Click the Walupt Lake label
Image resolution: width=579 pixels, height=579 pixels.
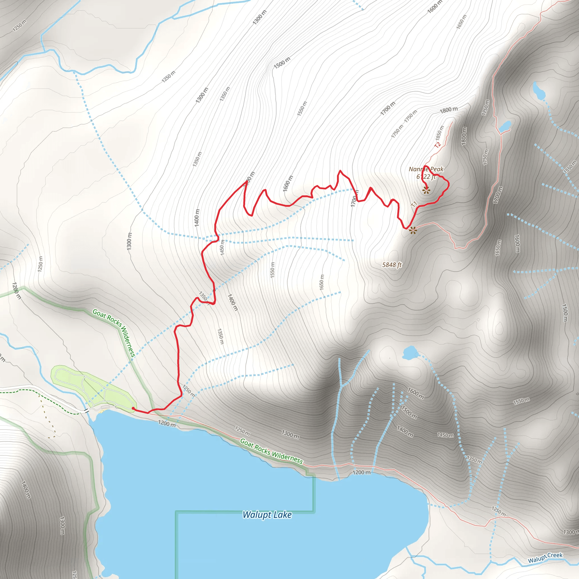coord(267,515)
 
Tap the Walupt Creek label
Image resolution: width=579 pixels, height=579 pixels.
coord(545,558)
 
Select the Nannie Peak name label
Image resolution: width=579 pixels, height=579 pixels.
coord(426,169)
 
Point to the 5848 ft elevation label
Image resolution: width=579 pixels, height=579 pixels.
coord(392,265)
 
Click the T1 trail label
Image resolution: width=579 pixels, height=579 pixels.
coord(414,204)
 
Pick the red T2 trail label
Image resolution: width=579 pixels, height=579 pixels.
coord(438,145)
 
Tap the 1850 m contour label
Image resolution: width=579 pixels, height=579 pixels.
coord(440,132)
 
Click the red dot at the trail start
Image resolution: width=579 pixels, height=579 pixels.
coord(133,408)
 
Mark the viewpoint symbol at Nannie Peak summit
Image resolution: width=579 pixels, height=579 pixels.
coord(426,190)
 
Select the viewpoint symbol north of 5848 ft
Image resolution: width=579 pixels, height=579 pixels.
coord(413,230)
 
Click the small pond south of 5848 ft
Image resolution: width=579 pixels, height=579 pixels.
coord(409,353)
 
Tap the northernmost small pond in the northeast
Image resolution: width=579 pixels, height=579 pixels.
coord(539,90)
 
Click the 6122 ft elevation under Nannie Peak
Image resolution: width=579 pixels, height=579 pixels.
coord(426,177)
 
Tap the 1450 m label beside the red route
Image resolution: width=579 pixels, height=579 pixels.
coord(222,248)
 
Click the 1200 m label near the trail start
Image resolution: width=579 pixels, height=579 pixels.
coord(167,424)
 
